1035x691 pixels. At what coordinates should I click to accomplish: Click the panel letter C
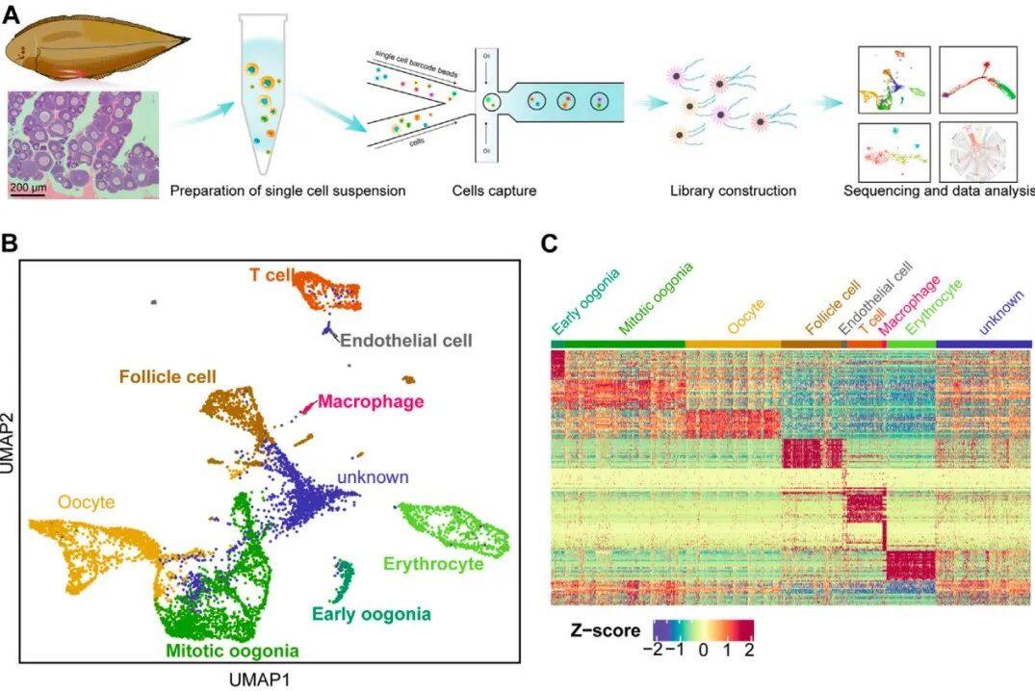[x=549, y=242]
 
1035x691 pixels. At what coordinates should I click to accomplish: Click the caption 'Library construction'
[x=733, y=191]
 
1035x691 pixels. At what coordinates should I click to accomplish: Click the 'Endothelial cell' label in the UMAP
[x=407, y=341]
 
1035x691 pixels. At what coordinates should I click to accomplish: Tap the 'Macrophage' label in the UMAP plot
[x=371, y=400]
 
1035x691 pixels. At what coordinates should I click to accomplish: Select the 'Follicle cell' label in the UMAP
[x=168, y=375]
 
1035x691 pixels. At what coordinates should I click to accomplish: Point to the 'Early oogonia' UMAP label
[x=371, y=613]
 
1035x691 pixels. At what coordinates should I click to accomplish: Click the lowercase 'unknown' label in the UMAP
[x=374, y=477]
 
